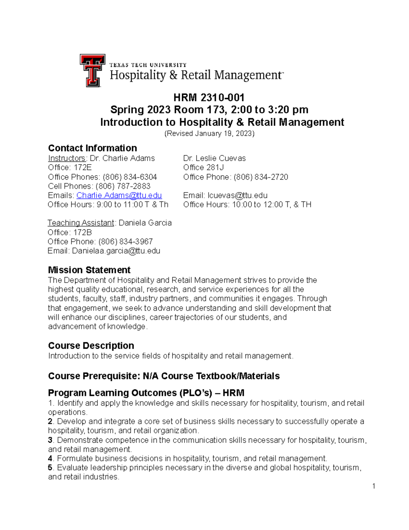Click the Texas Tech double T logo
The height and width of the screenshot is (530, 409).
92,70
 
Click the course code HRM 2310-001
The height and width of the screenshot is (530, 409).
209,98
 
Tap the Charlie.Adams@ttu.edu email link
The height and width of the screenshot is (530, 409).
119,195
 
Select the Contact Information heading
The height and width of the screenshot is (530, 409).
92,148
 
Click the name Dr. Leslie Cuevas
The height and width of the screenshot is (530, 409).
214,158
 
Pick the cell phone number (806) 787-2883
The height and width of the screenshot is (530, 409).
123,186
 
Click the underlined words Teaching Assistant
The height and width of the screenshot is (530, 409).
81,223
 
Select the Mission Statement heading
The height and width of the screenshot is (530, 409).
89,270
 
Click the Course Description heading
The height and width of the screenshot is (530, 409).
91,345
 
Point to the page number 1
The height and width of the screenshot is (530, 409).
374,486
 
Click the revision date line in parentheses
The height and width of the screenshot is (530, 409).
209,133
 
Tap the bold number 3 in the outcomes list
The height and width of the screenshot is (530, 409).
50,440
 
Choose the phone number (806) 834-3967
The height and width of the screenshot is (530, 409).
125,241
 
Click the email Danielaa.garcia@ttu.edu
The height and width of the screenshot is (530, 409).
116,251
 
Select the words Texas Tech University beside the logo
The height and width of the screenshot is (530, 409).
148,65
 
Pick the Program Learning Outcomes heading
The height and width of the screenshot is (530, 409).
146,392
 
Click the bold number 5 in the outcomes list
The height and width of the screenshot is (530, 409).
50,468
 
